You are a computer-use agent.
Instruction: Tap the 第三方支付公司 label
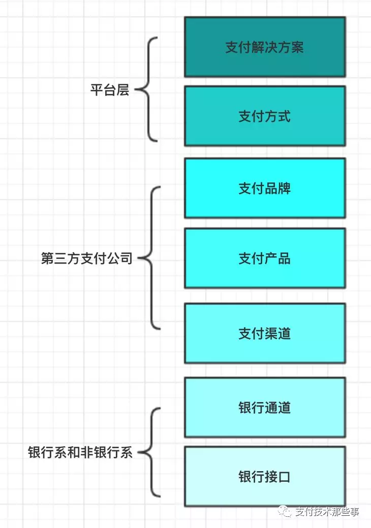86,258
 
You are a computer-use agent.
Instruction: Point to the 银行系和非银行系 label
80,452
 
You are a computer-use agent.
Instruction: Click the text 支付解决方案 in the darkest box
264,47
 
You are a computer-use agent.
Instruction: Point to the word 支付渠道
264,334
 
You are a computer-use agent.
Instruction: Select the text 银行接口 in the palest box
264,477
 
